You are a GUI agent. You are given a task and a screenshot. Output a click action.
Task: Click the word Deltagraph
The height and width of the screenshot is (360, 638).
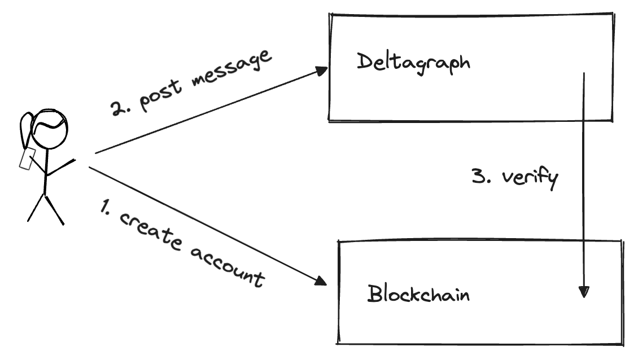[x=413, y=63]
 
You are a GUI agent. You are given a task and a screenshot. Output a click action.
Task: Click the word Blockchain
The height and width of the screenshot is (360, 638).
[x=419, y=293]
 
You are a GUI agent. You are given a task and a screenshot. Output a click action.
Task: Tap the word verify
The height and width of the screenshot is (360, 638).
[x=530, y=178]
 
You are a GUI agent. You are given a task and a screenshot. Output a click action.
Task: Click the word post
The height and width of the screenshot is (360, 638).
[x=160, y=96]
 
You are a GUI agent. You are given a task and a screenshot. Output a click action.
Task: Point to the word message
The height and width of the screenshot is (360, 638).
[x=231, y=67]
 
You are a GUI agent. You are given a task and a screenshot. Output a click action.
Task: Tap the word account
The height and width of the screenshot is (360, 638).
[x=227, y=266]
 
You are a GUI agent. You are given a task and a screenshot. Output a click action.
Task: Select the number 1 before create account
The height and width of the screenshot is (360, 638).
[x=104, y=207]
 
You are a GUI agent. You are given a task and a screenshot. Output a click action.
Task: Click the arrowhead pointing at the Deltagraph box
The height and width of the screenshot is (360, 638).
[x=322, y=71]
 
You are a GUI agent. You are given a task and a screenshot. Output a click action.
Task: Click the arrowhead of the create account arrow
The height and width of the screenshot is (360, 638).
[x=321, y=280]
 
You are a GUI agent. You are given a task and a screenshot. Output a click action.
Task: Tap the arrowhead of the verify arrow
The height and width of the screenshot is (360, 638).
[x=584, y=292]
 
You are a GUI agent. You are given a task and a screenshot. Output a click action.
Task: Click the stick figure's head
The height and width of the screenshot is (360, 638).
[x=49, y=129]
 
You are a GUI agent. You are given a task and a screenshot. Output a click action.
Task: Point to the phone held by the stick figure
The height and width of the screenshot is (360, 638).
[x=27, y=159]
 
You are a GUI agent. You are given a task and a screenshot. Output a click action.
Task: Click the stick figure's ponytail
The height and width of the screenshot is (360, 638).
[x=26, y=129]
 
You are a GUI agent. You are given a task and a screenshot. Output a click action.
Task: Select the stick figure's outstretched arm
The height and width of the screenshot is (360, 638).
[x=61, y=167]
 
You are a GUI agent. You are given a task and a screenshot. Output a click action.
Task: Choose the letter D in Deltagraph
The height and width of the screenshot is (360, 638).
[x=365, y=62]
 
